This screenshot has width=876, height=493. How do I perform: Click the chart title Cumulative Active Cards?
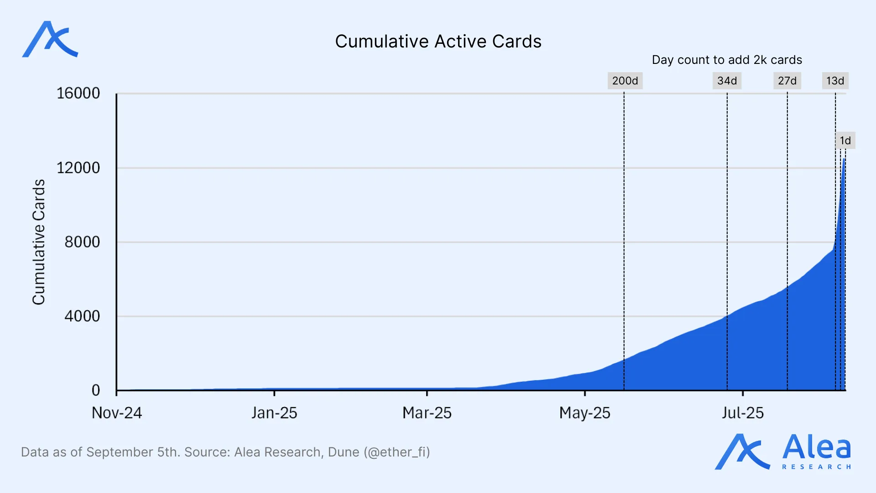438,42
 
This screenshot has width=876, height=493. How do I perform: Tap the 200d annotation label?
625,81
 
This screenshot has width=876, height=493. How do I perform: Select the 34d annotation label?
727,81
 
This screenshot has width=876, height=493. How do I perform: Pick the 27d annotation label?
787,81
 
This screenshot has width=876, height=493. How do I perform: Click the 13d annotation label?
835,81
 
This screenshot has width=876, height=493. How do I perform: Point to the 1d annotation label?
845,141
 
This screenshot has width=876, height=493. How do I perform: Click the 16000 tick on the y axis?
78,94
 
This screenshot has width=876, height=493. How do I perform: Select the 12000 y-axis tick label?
78,168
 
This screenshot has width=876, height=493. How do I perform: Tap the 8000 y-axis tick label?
82,242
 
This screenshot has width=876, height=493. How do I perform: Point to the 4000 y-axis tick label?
82,316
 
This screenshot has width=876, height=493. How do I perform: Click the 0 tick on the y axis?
96,390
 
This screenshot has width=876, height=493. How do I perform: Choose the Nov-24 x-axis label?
117,413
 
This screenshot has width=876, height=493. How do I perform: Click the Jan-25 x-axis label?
274,413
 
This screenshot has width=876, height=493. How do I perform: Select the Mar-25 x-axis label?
427,413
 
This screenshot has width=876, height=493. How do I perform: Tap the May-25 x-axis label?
584,413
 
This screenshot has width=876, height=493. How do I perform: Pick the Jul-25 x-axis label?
742,413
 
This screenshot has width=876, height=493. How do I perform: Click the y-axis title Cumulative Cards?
39,242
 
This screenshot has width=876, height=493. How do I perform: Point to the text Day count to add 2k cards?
727,60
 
